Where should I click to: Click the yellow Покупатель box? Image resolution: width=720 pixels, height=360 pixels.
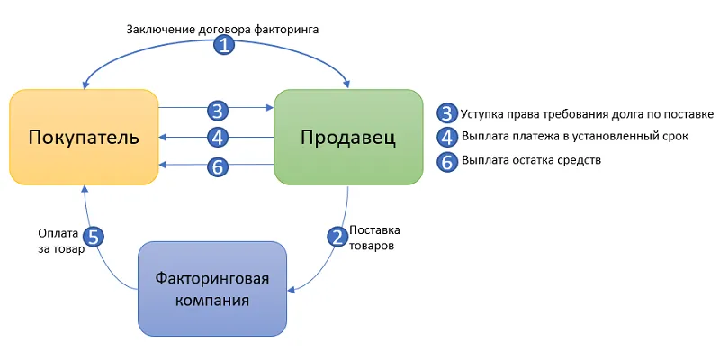click(x=84, y=138)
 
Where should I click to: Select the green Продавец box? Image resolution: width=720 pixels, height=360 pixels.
click(x=348, y=138)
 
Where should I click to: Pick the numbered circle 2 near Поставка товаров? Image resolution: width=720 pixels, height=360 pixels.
click(x=337, y=237)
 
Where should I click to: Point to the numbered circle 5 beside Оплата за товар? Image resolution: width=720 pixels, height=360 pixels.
click(x=93, y=237)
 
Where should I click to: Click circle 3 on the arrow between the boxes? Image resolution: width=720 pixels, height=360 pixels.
click(x=216, y=111)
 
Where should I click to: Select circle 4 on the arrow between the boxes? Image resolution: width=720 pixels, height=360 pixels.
click(x=216, y=138)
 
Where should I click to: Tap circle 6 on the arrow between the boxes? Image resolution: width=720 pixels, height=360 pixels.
click(x=216, y=166)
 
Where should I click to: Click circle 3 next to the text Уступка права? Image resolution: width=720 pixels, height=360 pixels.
click(x=447, y=113)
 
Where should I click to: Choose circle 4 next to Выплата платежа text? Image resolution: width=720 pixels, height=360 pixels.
click(x=447, y=137)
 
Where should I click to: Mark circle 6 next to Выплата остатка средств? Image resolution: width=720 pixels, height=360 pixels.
click(x=447, y=161)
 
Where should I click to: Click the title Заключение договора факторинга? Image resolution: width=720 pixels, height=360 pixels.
click(x=222, y=29)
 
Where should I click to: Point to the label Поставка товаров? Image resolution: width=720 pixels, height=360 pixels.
click(x=376, y=237)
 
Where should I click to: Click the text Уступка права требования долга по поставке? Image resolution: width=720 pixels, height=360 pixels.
click(x=587, y=114)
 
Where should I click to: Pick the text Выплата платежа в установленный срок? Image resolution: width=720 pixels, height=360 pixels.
click(x=575, y=138)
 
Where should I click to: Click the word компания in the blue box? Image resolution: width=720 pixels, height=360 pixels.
click(x=211, y=299)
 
